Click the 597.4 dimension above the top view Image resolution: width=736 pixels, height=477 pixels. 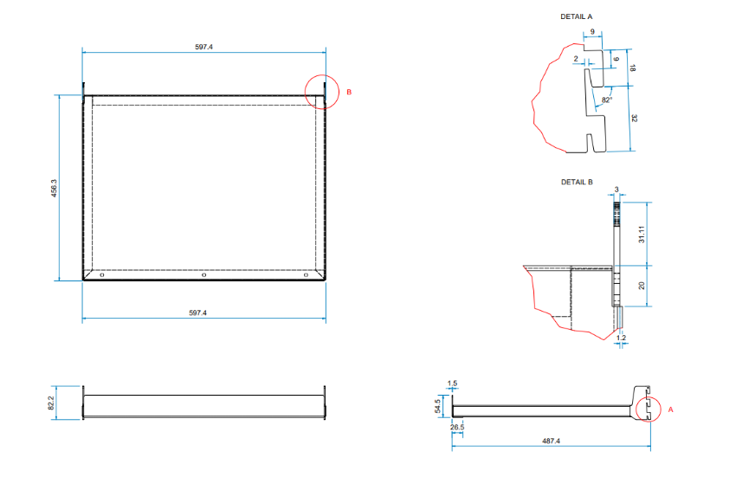[204, 47]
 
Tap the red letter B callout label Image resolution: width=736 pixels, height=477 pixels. [349, 92]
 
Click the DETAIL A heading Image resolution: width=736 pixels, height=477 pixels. [577, 16]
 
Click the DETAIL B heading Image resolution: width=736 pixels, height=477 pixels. [577, 182]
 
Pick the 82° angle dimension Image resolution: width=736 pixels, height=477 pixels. [606, 100]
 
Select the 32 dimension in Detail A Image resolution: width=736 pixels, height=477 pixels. [634, 119]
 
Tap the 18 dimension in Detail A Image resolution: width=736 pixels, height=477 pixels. [634, 68]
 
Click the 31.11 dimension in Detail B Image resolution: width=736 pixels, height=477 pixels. [641, 234]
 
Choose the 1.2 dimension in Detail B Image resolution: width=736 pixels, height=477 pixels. [621, 338]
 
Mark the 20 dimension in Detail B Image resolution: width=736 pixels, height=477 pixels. [642, 286]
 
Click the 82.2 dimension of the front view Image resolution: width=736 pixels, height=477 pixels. [51, 403]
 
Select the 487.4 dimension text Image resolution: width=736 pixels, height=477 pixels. [551, 441]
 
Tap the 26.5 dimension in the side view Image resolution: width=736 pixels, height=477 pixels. [457, 427]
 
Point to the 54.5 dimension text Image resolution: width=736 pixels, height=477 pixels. [439, 406]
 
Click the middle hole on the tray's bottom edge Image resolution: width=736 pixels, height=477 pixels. [203, 275]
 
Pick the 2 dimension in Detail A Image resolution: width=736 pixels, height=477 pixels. [576, 59]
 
